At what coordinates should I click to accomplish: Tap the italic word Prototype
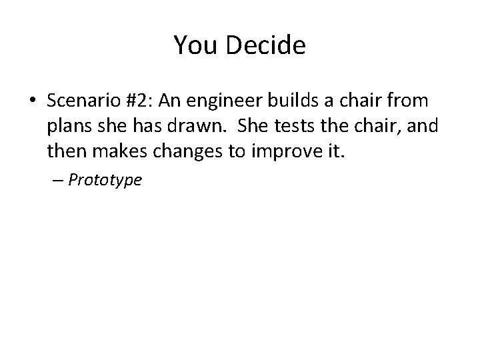105,180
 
